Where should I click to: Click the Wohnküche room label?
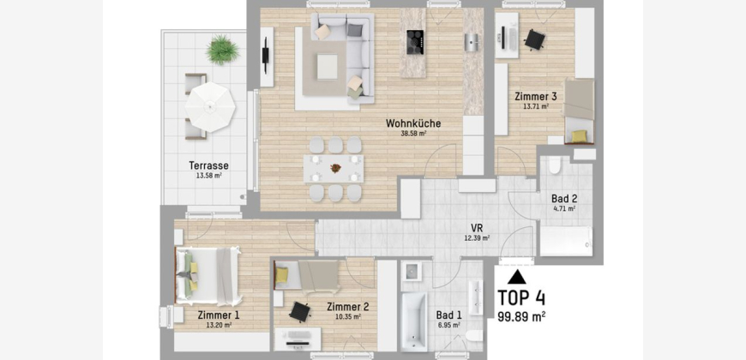pos(413,123)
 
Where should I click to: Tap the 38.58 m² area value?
pos(413,134)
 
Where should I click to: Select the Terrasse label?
pos(209,166)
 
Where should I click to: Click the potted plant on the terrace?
pos(223,50)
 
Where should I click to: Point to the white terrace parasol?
pos(210,107)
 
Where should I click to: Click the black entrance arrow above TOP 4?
pos(517,277)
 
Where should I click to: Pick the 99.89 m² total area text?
pos(521,316)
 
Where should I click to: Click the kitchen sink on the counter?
pos(471,42)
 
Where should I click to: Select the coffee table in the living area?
pos(328,67)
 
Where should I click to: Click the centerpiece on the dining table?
pos(336,167)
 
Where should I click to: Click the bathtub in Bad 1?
pos(414,322)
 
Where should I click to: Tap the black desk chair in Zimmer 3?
pos(534,39)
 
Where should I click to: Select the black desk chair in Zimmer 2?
pos(300,311)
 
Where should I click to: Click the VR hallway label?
pos(478,227)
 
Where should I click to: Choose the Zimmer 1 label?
pos(219,315)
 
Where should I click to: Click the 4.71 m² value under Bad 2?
pos(563,207)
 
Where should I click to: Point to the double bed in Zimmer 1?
pos(208,276)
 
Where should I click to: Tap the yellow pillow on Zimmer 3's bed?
pos(579,136)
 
